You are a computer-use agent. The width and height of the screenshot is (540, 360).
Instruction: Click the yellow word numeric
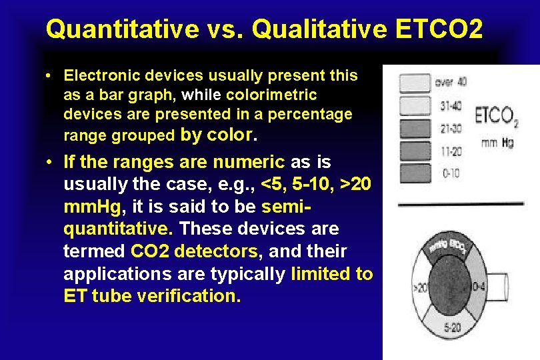click(x=249, y=162)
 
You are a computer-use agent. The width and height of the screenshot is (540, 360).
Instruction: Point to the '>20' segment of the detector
click(x=421, y=289)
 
